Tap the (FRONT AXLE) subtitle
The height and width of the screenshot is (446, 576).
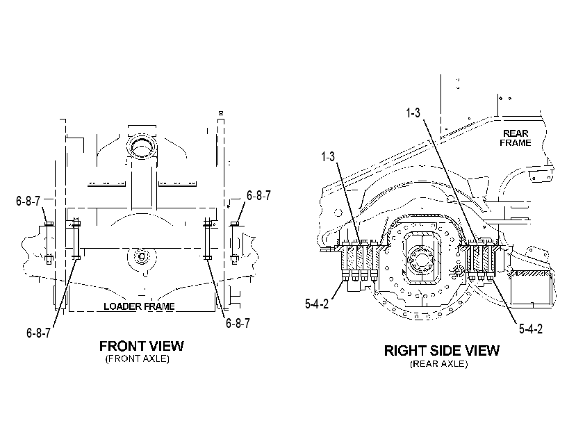(x=138, y=359)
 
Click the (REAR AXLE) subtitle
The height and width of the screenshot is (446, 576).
(x=439, y=364)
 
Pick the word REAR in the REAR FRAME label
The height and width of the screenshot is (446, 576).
(x=516, y=133)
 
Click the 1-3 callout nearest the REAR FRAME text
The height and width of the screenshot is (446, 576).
(x=413, y=113)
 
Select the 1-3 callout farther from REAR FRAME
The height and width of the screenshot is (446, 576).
(x=328, y=156)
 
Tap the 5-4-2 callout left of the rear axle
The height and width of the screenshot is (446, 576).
(x=317, y=304)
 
